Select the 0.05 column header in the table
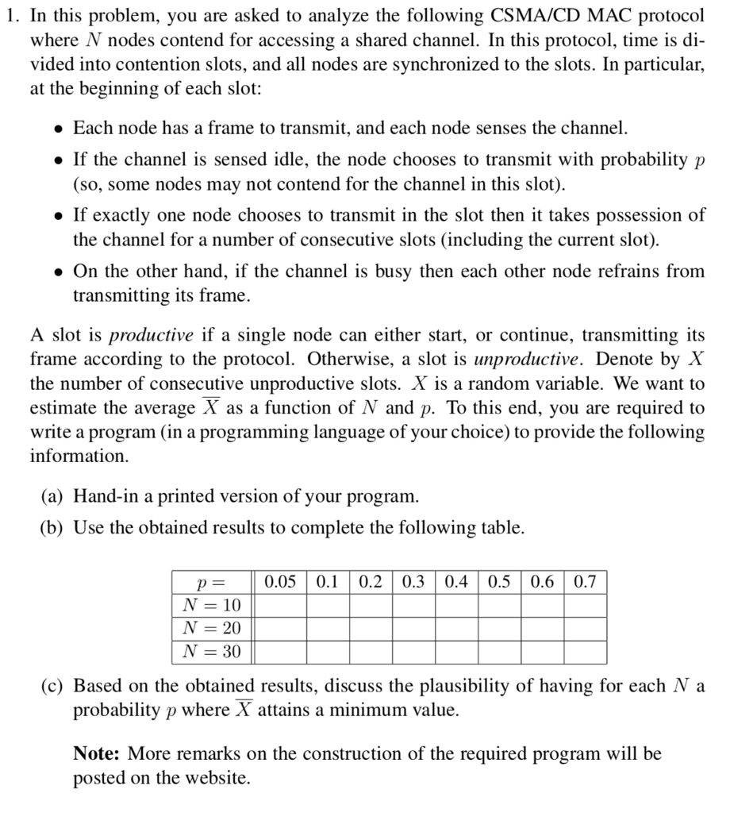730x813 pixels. pos(279,582)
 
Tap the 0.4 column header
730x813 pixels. pos(455,582)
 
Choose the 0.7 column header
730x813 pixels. pos(585,582)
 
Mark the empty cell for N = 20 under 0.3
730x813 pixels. pos(413,629)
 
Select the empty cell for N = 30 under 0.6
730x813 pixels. pos(542,653)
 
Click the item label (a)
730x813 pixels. pos(53,497)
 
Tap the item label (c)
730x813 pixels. pos(53,686)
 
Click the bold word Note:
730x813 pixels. pos(97,753)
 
